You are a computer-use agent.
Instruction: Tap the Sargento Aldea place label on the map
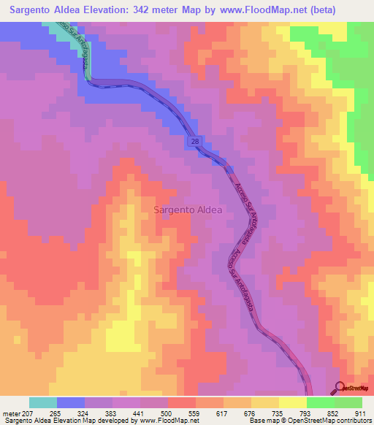pos(187,210)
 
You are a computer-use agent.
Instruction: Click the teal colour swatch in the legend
pos(43,402)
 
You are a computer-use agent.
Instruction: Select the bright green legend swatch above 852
pos(321,402)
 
